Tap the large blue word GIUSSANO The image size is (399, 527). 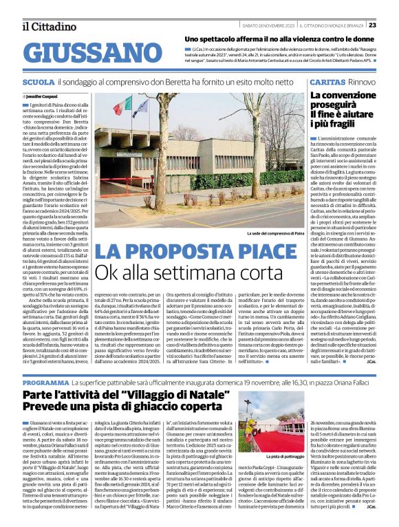(83, 52)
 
